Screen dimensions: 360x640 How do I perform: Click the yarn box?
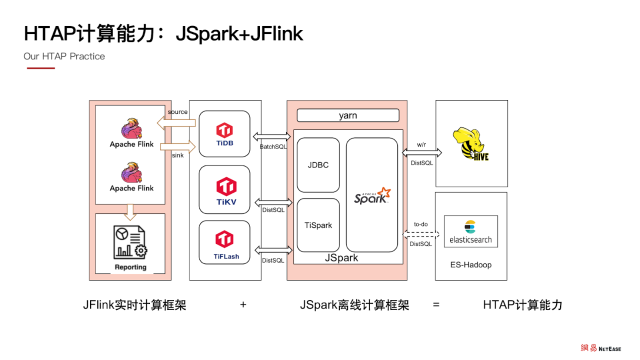pos(348,115)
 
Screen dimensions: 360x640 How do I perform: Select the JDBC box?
pos(318,165)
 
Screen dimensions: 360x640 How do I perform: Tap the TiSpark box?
pos(318,225)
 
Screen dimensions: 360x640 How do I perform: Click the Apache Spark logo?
pos(372,195)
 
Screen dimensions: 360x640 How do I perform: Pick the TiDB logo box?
pos(224,133)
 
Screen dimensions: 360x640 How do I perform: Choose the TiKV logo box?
pos(224,189)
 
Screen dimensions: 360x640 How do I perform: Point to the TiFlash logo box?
pos(224,242)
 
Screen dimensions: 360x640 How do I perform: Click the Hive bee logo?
pos(470,143)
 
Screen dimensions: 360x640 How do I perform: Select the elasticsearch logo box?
pos(470,231)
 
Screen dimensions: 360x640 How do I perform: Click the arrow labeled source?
pos(176,123)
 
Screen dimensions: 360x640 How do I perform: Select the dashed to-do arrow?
pos(421,234)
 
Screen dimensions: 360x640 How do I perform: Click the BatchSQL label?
pos(273,147)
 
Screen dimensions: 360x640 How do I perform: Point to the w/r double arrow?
pos(421,152)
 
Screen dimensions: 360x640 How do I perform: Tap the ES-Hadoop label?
pos(470,264)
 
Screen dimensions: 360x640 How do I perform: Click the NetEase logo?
pos(600,348)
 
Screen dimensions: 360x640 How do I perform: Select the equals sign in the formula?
pos(436,304)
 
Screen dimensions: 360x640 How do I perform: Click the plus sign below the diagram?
pos(243,304)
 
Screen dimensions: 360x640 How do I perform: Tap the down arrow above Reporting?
pos(130,211)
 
